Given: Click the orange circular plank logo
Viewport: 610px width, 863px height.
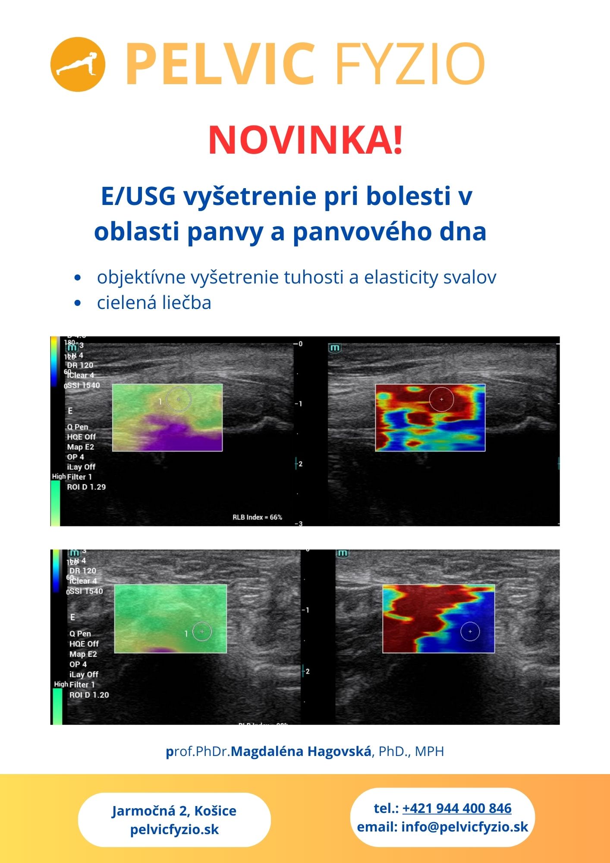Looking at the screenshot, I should (x=78, y=64).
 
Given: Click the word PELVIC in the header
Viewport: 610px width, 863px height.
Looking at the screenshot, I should (x=220, y=65).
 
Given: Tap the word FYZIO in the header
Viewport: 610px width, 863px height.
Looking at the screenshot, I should (x=410, y=65).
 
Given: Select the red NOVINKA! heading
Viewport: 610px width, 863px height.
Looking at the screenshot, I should (x=305, y=140).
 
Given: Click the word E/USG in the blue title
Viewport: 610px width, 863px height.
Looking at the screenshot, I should (x=138, y=196).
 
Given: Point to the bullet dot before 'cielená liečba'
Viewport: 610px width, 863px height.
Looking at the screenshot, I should (x=78, y=303).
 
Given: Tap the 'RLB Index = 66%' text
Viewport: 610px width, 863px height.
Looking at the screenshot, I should (x=257, y=517).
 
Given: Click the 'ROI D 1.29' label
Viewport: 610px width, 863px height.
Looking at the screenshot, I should (x=86, y=487).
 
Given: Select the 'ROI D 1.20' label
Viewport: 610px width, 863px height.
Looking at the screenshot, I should (x=89, y=695).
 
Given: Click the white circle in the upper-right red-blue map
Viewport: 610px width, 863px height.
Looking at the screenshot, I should (x=441, y=400).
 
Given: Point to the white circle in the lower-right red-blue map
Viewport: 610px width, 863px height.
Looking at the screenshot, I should (x=470, y=632).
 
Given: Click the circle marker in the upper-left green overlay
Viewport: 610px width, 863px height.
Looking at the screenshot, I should (x=179, y=399).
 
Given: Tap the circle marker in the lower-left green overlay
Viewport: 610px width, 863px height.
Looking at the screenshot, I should (x=202, y=632).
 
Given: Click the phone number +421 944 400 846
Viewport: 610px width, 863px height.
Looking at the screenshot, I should (x=457, y=808).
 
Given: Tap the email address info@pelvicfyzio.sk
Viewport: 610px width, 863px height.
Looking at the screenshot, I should (x=465, y=827).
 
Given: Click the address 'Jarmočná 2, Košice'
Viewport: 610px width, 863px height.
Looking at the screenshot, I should (x=174, y=810).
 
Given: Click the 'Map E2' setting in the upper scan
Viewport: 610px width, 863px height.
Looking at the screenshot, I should (x=80, y=447).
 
